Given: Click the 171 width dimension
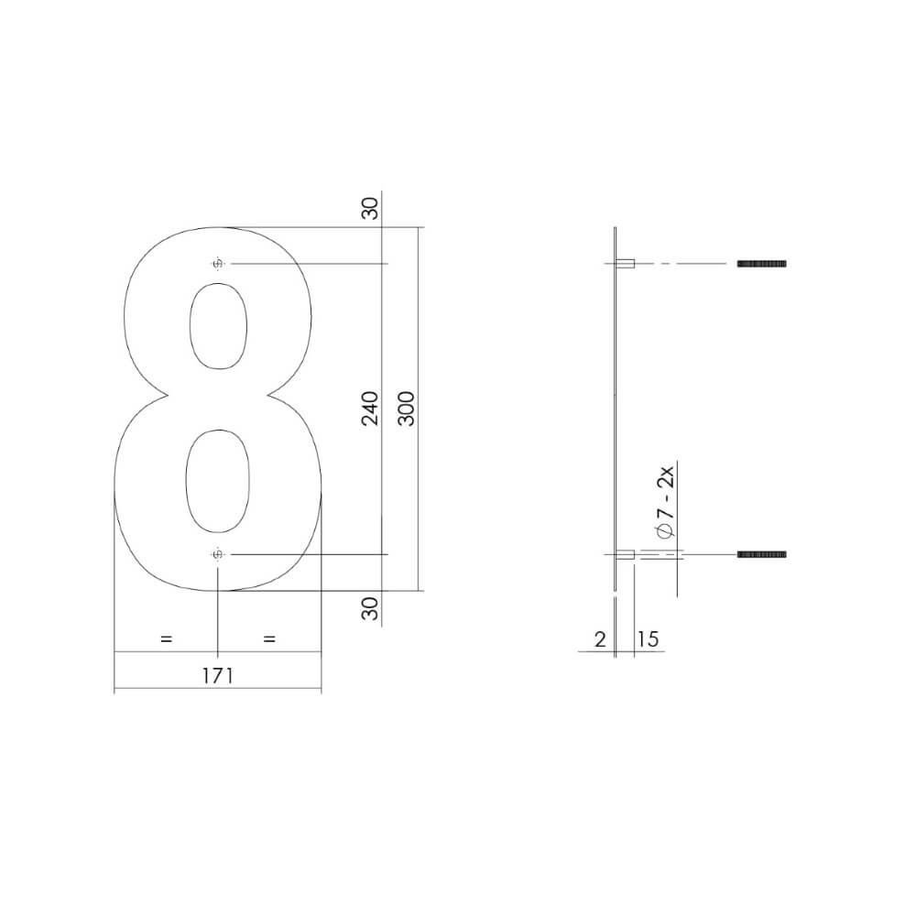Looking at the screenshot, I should point(217,676).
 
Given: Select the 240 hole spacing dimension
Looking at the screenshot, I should point(370,409).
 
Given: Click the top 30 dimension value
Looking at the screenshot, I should point(370,209).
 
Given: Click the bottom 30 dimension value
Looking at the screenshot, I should point(370,608).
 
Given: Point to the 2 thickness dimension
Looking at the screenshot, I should point(600,639).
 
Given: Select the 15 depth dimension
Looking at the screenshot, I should point(648,639).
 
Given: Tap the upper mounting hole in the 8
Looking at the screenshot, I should point(218,265).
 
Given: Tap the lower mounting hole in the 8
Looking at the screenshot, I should point(218,555).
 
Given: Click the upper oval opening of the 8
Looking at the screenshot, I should point(217,326).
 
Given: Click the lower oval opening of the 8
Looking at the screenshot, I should point(217,481).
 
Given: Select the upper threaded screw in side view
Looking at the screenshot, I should point(762,264).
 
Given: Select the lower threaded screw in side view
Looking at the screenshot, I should point(762,555).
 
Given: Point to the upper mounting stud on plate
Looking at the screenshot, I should point(627,264).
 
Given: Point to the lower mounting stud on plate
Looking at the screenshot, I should point(626,555).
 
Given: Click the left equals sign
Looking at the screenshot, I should point(166,639).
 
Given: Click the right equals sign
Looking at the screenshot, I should point(269,639).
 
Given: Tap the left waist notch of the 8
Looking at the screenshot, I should point(167,397).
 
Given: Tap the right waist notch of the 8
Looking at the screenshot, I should point(269,397).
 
